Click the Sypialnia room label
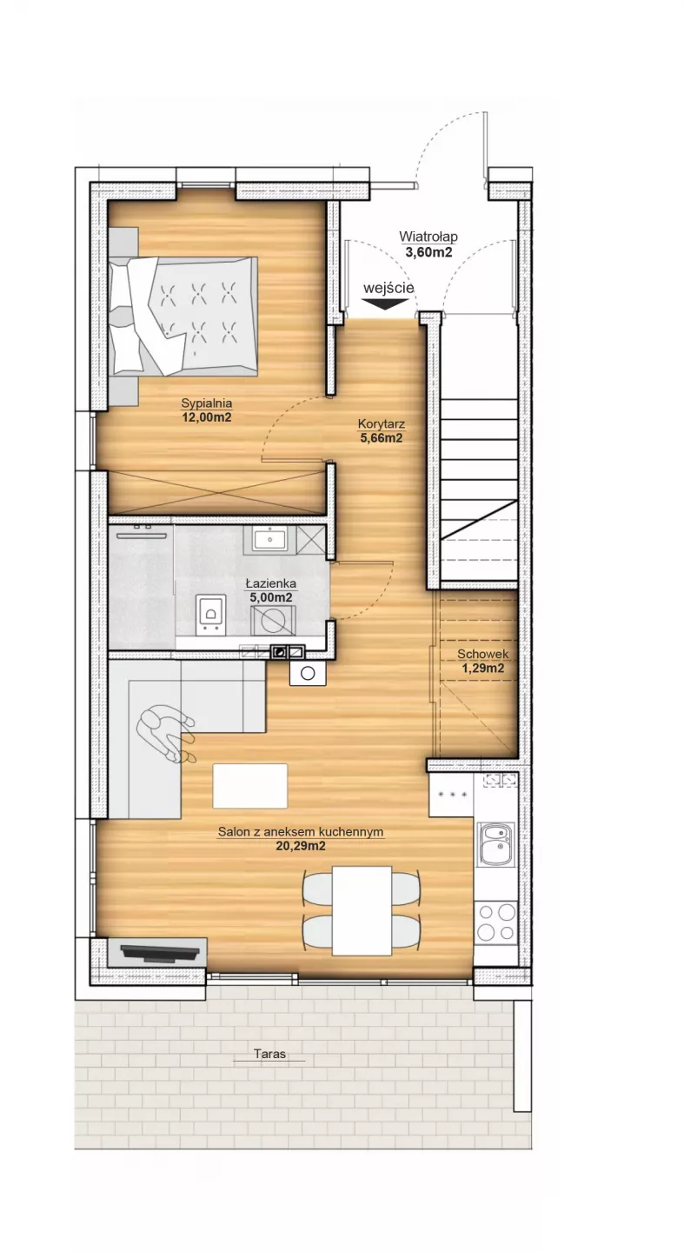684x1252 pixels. click(206, 403)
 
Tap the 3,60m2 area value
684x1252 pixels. click(428, 252)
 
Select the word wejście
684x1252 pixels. click(388, 289)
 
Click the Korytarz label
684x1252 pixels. click(382, 424)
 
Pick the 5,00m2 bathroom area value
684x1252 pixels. click(271, 597)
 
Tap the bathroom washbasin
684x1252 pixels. click(270, 539)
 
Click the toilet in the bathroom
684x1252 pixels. click(210, 615)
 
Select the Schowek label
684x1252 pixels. click(483, 654)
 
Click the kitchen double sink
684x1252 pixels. click(496, 845)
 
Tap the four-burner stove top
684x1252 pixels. click(496, 922)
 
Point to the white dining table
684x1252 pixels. click(362, 911)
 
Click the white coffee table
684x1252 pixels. click(250, 786)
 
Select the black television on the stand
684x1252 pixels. click(161, 953)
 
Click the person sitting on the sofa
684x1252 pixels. click(164, 733)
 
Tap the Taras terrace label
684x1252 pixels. click(269, 1054)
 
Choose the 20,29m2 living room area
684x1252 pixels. click(301, 846)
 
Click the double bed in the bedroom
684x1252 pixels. click(183, 316)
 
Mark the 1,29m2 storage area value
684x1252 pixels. click(483, 669)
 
